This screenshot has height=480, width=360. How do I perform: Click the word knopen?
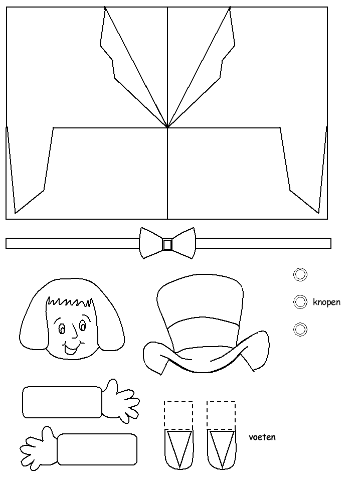coord(326,302)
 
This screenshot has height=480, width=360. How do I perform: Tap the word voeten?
coord(262,437)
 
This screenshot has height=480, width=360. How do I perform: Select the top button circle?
coord(300,274)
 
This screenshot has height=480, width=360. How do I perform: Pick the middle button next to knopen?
coord(300,302)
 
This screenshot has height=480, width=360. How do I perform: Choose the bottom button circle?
coord(300,330)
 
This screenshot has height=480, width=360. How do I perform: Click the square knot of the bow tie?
coord(167,244)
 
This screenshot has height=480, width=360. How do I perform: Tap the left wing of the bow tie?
coord(151,243)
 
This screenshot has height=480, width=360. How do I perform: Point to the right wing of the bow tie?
coord(184,243)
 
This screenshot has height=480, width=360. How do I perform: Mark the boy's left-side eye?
coord(62,329)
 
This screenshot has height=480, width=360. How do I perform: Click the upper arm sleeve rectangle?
coord(62,402)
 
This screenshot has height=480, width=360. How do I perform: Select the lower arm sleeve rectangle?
coord(97,449)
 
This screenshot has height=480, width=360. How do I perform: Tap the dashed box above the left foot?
coord(178,415)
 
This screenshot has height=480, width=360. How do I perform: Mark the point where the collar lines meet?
coord(167,128)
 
